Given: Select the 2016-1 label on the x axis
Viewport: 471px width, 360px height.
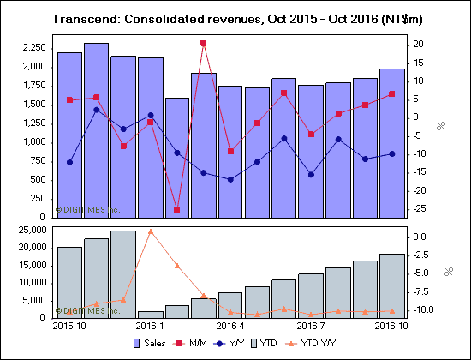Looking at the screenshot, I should point(151,326).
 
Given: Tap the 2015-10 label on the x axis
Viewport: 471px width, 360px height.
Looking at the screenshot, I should point(69,326).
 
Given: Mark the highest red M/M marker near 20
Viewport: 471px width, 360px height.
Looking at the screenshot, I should point(203,43).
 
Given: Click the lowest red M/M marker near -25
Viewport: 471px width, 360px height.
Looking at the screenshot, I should point(176,209).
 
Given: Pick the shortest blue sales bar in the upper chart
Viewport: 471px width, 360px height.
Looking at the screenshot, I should point(176,157).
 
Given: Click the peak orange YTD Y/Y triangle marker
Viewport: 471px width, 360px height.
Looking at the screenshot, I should point(150,231).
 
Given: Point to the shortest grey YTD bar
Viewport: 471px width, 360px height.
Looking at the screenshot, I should point(150,314).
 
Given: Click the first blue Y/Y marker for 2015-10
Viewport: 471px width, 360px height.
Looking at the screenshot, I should point(69,162).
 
